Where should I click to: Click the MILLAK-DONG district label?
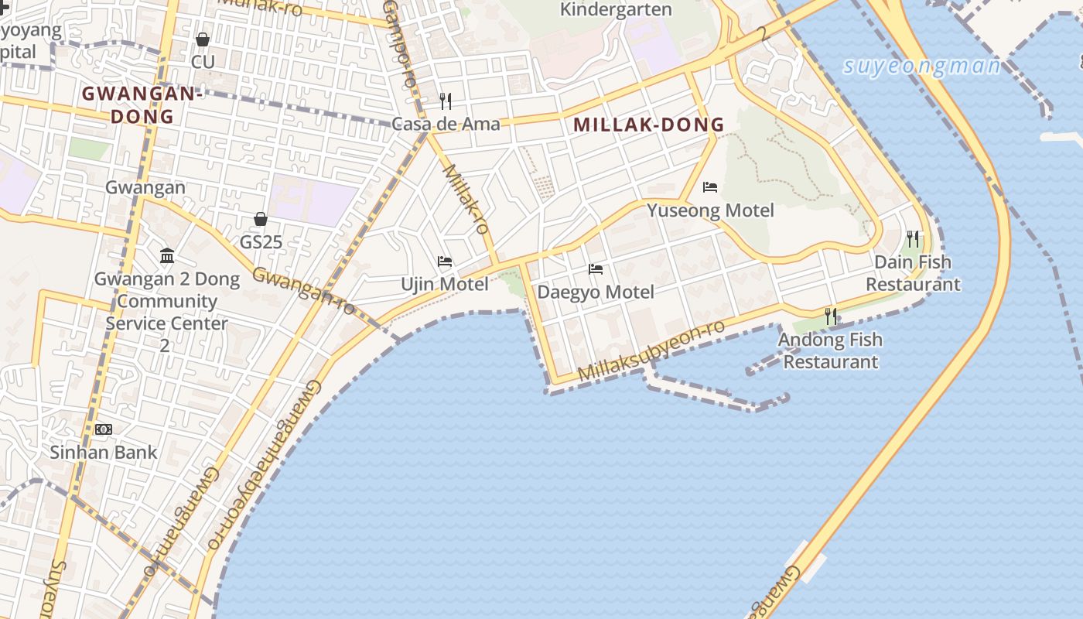pos(648,125)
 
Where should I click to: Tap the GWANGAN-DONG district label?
pos(142,105)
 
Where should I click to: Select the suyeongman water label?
pos(922,66)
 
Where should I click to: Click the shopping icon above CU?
pos(203,39)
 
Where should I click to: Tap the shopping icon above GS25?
pos(261,220)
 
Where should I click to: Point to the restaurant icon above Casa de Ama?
pos(446,101)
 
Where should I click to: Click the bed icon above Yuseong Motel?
pos(710,187)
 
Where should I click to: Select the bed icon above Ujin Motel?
pos(445,262)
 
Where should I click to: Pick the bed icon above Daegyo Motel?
pos(596,269)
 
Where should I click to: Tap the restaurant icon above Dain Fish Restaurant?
pos(913,239)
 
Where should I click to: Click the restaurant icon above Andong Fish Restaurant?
pos(831,316)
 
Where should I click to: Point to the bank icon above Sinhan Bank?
pos(103,429)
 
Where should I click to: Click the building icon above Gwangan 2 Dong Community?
pos(166,256)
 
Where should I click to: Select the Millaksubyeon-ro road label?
pos(651,351)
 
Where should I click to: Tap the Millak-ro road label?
pos(466,199)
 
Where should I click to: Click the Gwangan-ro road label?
pos(303,291)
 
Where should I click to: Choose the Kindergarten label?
pos(616,10)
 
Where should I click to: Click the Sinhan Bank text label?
pos(104,453)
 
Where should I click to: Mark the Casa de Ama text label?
pos(446,124)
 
